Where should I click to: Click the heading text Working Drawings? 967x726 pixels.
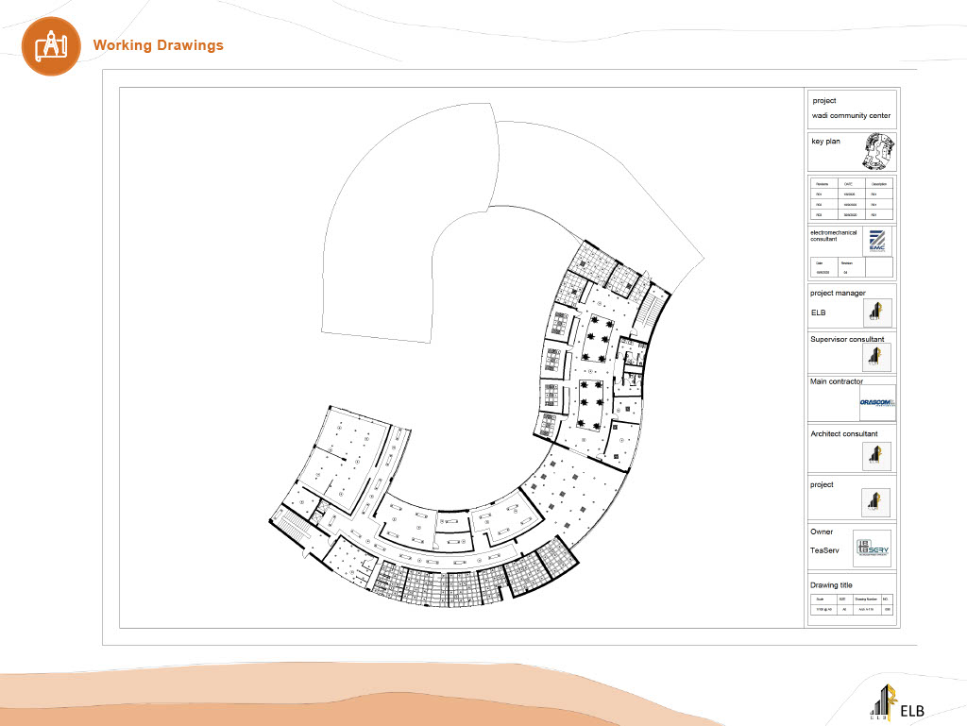pyautogui.click(x=158, y=45)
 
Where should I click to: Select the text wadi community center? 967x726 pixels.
pyautogui.click(x=851, y=116)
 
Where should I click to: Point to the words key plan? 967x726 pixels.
pyautogui.click(x=825, y=142)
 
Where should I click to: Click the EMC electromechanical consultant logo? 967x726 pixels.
pyautogui.click(x=877, y=241)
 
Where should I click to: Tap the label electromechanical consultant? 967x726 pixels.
pyautogui.click(x=836, y=235)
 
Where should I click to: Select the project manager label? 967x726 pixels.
pyautogui.click(x=838, y=293)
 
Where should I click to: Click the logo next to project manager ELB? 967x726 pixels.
pyautogui.click(x=877, y=312)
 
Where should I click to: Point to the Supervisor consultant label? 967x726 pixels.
pyautogui.click(x=847, y=338)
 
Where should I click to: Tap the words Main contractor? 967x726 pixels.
pyautogui.click(x=836, y=382)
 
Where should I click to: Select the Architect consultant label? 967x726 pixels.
pyautogui.click(x=843, y=433)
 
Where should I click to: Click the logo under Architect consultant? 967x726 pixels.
pyautogui.click(x=877, y=456)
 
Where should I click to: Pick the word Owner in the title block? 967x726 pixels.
pyautogui.click(x=822, y=532)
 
